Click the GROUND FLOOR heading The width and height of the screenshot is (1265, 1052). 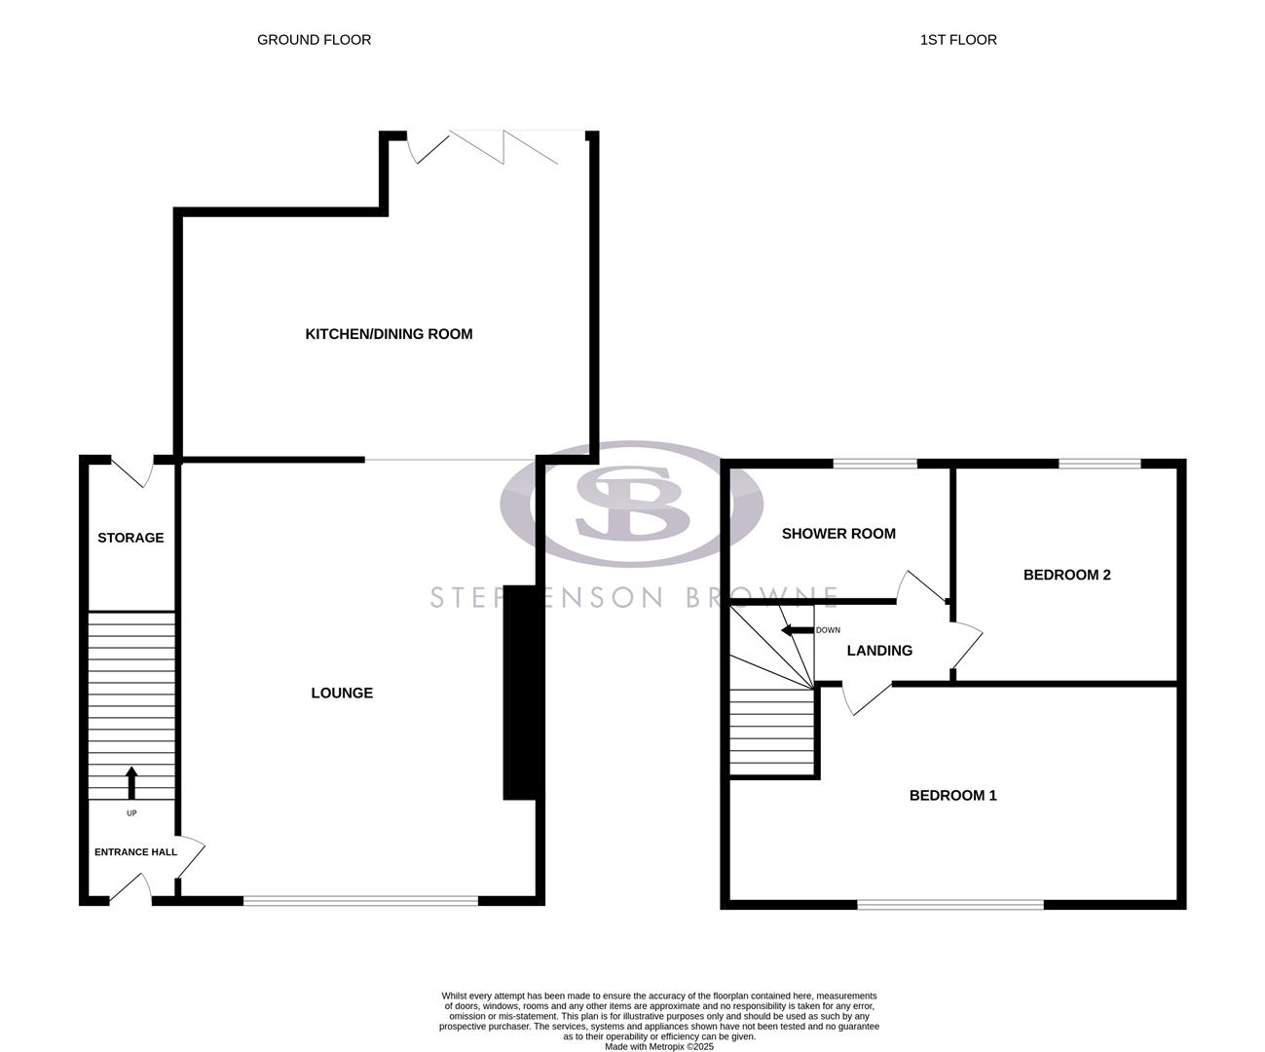click(x=314, y=40)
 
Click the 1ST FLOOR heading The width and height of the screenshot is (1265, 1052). click(x=957, y=40)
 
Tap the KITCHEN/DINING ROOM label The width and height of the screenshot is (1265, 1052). click(x=389, y=334)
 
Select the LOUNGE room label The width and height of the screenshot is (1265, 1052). click(x=342, y=694)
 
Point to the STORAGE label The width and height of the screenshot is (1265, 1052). click(x=130, y=538)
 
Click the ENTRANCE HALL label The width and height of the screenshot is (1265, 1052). click(x=135, y=852)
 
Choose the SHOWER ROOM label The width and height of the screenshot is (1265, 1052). click(x=838, y=534)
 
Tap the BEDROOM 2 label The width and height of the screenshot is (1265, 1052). click(x=1066, y=575)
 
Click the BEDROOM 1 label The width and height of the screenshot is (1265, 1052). click(x=952, y=796)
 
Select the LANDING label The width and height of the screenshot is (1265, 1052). click(x=879, y=651)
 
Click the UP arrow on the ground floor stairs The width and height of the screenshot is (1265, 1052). click(x=131, y=782)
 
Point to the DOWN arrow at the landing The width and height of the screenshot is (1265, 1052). click(x=799, y=630)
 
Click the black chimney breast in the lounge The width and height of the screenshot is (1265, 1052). click(x=519, y=693)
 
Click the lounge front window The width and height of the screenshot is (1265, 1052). click(x=360, y=901)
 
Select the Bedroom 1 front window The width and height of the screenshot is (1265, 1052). click(x=949, y=905)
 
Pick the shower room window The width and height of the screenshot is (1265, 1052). click(x=874, y=464)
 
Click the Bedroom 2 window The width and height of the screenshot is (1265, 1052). click(x=1099, y=464)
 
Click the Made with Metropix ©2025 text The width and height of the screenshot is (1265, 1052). click(x=659, y=1047)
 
